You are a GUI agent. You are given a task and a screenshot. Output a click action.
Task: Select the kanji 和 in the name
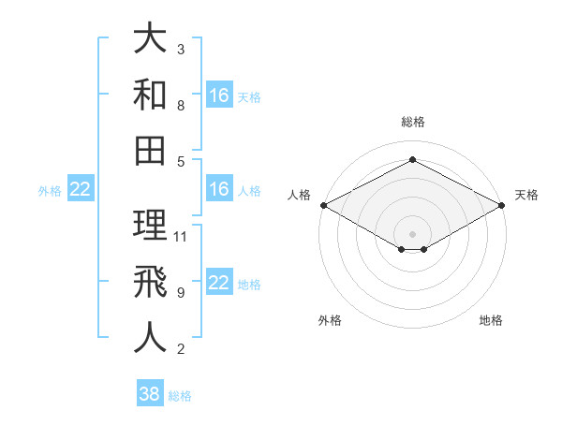pyautogui.click(x=150, y=95)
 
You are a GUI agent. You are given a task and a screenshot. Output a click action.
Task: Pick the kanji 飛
pyautogui.click(x=150, y=282)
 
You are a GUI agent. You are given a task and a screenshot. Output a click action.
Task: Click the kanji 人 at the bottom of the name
pyautogui.click(x=150, y=337)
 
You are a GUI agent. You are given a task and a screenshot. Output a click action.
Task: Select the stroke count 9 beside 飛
pyautogui.click(x=180, y=293)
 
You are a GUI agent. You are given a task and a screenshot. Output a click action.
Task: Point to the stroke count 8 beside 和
pyautogui.click(x=180, y=106)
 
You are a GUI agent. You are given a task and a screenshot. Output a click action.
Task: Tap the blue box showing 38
pyautogui.click(x=149, y=394)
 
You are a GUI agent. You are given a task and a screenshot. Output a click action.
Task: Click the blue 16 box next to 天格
pyautogui.click(x=219, y=95)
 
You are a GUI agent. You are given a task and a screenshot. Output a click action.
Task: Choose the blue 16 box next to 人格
pyautogui.click(x=219, y=189)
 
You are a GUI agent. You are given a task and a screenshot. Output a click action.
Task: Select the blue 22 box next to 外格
pyautogui.click(x=80, y=189)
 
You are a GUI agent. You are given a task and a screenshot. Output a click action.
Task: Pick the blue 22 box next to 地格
pyautogui.click(x=219, y=283)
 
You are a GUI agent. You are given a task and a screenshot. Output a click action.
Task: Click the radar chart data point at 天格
pyautogui.click(x=503, y=205)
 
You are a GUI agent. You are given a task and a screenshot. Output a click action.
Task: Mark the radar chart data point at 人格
pyautogui.click(x=322, y=205)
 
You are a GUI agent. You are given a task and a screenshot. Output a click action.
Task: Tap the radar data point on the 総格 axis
pyautogui.click(x=412, y=160)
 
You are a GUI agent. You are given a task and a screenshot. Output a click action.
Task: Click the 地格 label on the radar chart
pyautogui.click(x=491, y=321)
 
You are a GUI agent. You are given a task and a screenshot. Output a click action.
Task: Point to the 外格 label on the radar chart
pyautogui.click(x=330, y=321)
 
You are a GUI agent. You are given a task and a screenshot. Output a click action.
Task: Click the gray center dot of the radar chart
pyautogui.click(x=412, y=233)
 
